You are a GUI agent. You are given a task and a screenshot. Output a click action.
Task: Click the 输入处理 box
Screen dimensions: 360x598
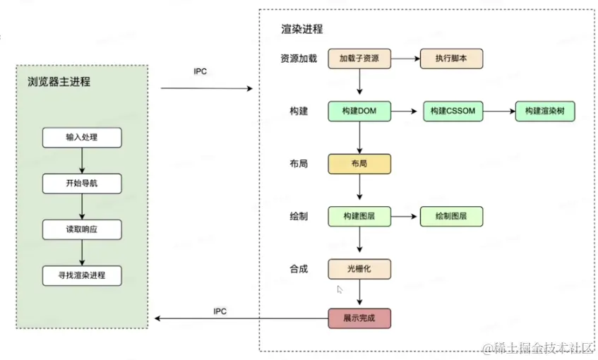(x=82, y=138)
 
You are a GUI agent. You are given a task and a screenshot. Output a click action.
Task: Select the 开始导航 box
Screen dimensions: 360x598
(x=82, y=184)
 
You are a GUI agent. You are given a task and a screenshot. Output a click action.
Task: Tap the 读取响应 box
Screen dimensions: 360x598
(x=82, y=229)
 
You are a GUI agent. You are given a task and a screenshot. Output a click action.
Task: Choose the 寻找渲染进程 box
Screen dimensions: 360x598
(x=82, y=275)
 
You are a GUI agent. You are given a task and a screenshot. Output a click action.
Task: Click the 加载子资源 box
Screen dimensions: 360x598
(x=359, y=59)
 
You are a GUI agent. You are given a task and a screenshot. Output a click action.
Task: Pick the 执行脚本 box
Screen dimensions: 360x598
(x=451, y=59)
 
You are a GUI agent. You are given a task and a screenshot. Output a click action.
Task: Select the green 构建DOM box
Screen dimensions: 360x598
(x=359, y=112)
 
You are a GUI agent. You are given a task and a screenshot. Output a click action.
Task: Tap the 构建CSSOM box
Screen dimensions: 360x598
(x=451, y=112)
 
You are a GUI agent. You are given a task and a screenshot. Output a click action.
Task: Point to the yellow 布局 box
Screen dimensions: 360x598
(x=359, y=164)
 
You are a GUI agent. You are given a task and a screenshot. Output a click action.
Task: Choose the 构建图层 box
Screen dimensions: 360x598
(x=359, y=216)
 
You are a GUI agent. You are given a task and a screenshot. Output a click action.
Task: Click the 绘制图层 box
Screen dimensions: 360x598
(x=451, y=216)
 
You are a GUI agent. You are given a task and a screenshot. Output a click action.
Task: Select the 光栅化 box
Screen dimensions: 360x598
(x=359, y=269)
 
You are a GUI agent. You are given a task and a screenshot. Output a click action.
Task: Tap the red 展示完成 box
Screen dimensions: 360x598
(x=359, y=318)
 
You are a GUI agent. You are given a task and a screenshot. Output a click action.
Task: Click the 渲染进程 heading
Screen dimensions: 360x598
(x=301, y=29)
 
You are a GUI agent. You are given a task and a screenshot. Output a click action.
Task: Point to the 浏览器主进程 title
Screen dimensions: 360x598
(x=54, y=82)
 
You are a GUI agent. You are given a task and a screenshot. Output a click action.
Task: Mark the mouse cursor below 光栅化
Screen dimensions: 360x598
(x=340, y=289)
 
